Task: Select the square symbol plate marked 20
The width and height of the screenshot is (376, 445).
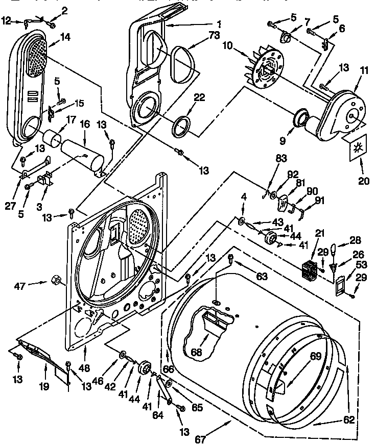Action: coord(357,149)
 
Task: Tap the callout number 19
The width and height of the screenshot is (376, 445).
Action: coord(44,386)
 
